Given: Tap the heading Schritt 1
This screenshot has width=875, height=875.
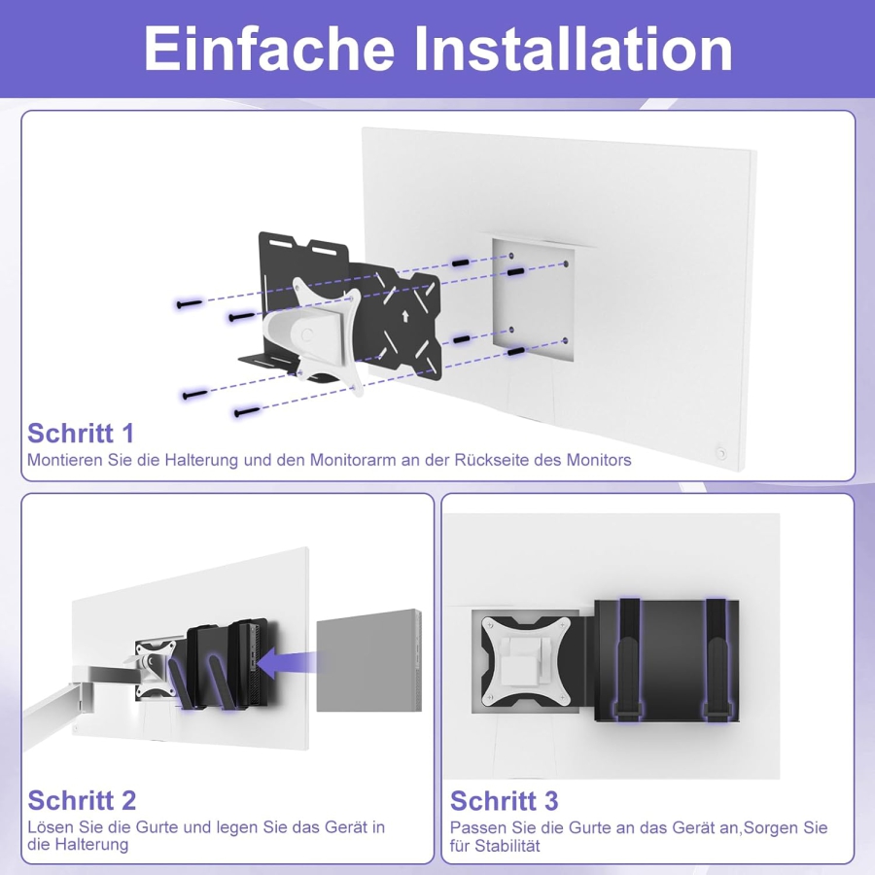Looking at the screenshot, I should click(81, 433).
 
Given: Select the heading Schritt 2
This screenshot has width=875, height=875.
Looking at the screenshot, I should click(82, 800).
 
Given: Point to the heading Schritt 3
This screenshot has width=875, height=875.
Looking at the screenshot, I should click(504, 800).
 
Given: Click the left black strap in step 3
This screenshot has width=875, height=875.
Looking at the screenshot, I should click(631, 661).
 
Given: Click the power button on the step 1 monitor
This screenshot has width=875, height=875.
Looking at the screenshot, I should click(720, 452).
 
